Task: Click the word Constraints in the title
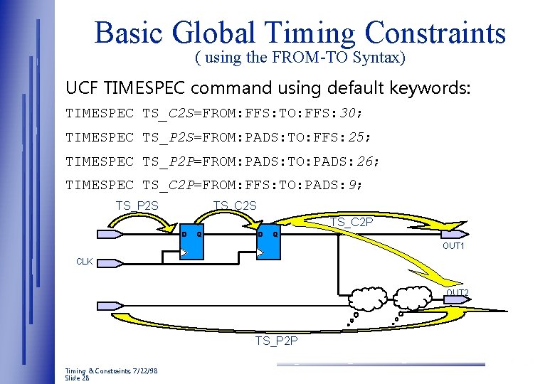click(x=435, y=33)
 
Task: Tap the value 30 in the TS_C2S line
click(x=348, y=112)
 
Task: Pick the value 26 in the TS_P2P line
click(x=365, y=161)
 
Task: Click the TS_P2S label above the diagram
click(x=137, y=206)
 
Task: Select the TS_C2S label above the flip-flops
click(x=235, y=206)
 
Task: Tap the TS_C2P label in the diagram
click(x=351, y=223)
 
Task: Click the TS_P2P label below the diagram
click(x=277, y=341)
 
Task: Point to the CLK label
click(x=85, y=262)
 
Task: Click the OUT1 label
click(x=453, y=246)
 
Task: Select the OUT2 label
click(x=457, y=293)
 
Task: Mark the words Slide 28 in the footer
click(x=78, y=378)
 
